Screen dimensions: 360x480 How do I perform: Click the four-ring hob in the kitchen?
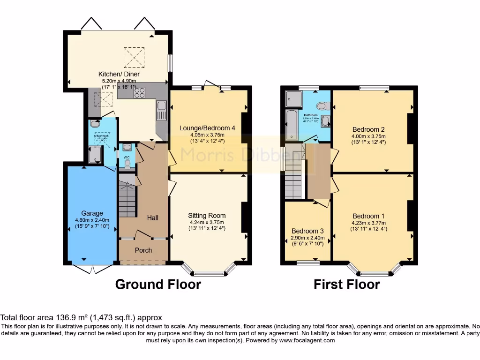(x=139, y=93)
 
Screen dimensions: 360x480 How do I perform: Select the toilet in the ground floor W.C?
(x=127, y=163)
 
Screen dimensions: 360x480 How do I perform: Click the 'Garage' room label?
(x=92, y=213)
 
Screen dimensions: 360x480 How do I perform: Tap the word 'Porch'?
(x=143, y=250)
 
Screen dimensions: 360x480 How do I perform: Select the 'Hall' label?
(x=152, y=217)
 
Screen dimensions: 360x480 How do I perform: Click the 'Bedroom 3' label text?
(x=307, y=231)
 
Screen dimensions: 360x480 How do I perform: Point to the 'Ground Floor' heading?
(x=158, y=284)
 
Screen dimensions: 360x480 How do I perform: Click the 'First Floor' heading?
(x=346, y=284)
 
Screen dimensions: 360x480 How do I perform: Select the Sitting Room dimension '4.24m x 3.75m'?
(x=207, y=222)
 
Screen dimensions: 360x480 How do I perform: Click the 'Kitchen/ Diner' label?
(x=119, y=74)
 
